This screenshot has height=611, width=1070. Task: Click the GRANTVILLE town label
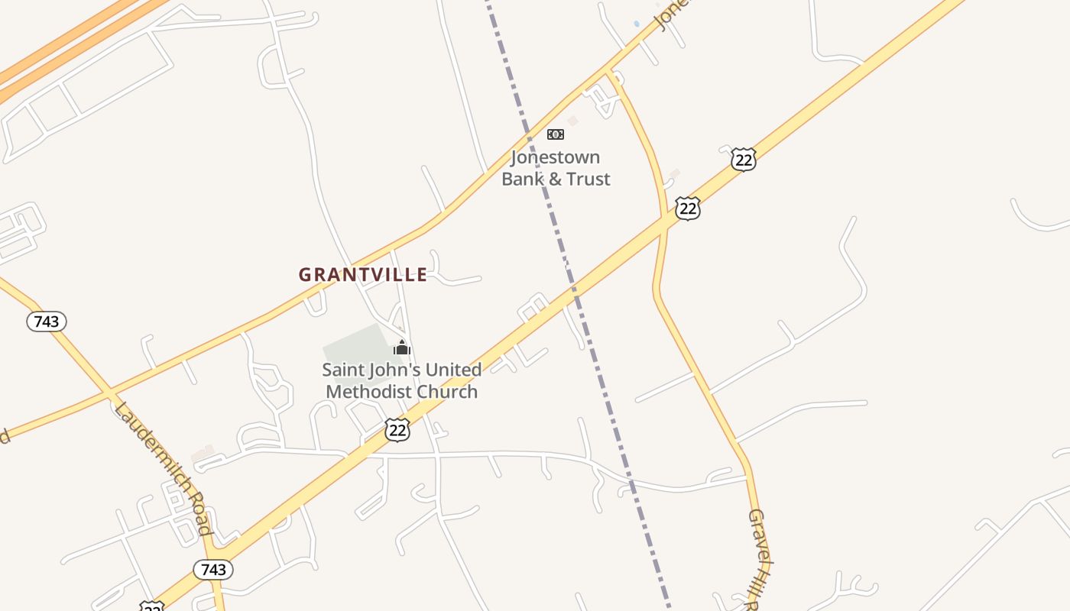pyautogui.click(x=362, y=275)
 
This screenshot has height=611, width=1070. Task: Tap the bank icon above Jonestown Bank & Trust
pyautogui.click(x=556, y=134)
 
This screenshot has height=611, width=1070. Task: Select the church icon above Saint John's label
pyautogui.click(x=402, y=348)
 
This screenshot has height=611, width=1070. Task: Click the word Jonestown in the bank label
pyautogui.click(x=556, y=158)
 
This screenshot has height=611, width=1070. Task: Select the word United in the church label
pyautogui.click(x=453, y=370)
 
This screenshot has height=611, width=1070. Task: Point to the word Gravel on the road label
pyautogui.click(x=757, y=530)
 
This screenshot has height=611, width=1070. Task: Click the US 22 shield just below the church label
pyautogui.click(x=397, y=429)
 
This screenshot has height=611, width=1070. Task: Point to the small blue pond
pyautogui.click(x=637, y=24)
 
